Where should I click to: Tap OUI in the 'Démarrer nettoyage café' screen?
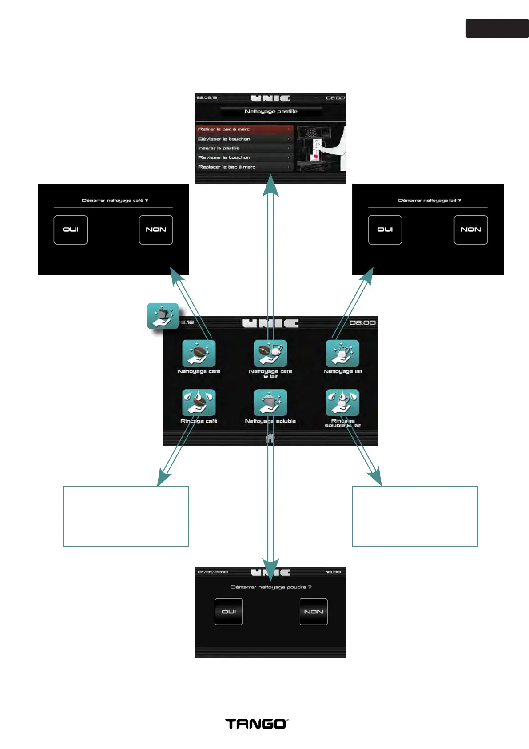(x=71, y=230)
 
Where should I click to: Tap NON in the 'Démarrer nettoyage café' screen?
(x=156, y=230)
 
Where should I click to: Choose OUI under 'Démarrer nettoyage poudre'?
(x=229, y=612)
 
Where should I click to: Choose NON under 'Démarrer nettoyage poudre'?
(x=314, y=612)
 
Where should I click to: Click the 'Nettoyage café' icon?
(x=199, y=354)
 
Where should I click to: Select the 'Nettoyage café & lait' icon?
(x=270, y=354)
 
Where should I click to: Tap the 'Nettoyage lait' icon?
(x=342, y=354)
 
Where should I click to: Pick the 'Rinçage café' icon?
(x=199, y=403)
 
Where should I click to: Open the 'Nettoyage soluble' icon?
(x=270, y=403)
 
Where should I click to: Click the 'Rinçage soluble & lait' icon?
(x=342, y=403)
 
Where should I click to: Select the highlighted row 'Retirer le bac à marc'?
(x=244, y=129)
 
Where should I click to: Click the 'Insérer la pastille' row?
(x=244, y=148)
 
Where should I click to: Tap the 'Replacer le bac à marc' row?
(x=244, y=167)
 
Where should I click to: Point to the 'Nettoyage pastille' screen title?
(x=271, y=112)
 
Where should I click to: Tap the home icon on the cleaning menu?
(x=270, y=439)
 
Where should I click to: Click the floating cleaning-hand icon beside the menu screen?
(x=163, y=316)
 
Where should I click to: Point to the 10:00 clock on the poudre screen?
(x=333, y=572)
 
